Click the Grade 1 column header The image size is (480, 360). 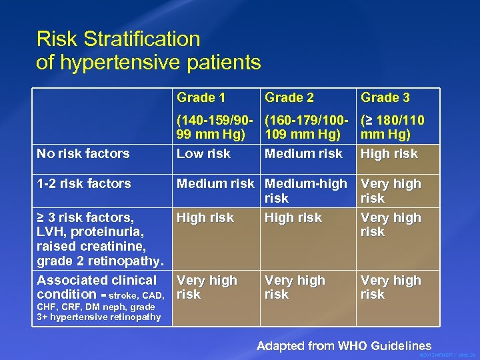(201, 97)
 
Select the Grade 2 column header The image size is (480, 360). (289, 97)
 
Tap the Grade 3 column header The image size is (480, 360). (385, 97)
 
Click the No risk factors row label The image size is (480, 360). (83, 153)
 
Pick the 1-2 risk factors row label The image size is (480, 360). (84, 183)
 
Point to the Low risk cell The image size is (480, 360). (203, 153)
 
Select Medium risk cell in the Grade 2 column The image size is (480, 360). (303, 153)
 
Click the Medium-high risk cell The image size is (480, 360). (306, 191)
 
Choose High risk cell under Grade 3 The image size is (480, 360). (389, 153)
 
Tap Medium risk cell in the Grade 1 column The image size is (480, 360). (215, 183)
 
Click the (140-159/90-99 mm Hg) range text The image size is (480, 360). (215, 127)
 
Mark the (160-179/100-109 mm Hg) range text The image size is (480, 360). (306, 127)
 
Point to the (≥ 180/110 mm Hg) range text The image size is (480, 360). (392, 127)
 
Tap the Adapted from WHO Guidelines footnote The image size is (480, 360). (344, 345)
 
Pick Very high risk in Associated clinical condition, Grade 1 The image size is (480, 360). (207, 287)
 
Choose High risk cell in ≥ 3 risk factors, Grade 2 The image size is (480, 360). (293, 218)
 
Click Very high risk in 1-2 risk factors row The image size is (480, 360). (391, 191)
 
